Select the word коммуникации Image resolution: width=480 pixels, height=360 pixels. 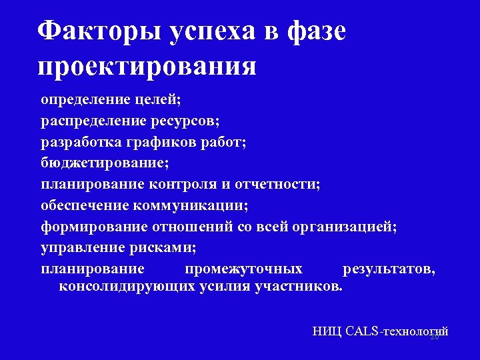[209, 206]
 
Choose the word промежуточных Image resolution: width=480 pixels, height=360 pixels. [243, 269]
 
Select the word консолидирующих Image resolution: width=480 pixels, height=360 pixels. [128, 287]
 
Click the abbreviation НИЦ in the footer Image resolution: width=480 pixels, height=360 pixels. [327, 331]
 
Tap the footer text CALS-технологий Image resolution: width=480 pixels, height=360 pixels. [397, 331]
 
